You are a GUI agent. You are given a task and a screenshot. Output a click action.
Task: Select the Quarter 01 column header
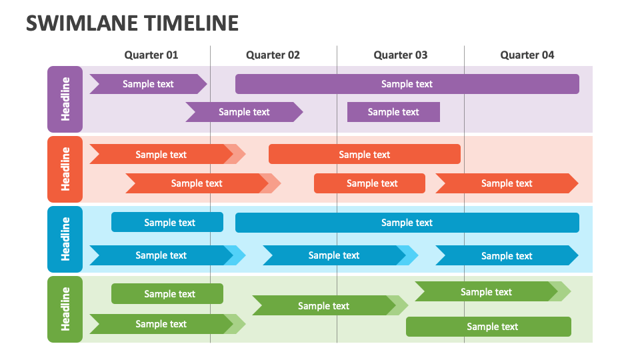click(x=151, y=55)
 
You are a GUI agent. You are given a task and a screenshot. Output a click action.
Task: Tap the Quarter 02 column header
click(x=273, y=55)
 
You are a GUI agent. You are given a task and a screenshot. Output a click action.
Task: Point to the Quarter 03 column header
click(x=401, y=55)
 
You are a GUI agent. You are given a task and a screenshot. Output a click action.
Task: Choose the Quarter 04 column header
click(x=527, y=55)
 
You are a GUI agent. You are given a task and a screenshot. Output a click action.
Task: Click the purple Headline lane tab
click(x=65, y=99)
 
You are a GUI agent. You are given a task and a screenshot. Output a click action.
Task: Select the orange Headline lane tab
click(x=65, y=169)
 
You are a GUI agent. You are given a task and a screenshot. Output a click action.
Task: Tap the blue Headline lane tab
click(x=65, y=239)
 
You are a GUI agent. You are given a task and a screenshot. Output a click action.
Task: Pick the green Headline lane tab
click(x=65, y=309)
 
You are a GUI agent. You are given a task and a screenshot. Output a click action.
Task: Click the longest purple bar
click(x=407, y=84)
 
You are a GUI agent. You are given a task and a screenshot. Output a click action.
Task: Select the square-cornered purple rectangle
click(x=393, y=112)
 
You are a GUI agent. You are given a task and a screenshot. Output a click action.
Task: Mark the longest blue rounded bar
click(x=407, y=223)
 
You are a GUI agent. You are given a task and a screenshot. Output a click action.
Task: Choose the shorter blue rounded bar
click(x=167, y=223)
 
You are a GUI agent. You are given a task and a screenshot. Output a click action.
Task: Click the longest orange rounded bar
click(x=365, y=154)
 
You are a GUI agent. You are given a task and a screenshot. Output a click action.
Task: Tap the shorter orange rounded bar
click(x=369, y=183)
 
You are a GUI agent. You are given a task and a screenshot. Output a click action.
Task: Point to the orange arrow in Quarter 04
click(x=507, y=183)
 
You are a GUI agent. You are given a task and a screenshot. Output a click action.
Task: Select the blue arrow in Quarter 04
click(x=507, y=255)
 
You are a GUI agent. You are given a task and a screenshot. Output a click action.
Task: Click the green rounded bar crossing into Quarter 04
click(x=489, y=327)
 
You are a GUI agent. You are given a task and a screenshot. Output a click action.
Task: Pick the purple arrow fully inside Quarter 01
click(x=148, y=84)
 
